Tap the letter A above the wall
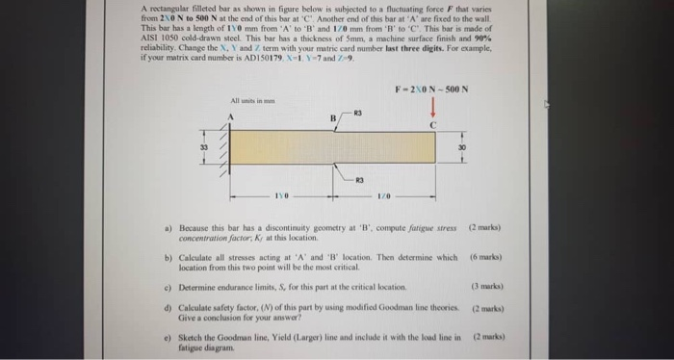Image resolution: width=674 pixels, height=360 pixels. click(232, 117)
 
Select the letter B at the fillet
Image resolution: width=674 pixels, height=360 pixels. click(333, 119)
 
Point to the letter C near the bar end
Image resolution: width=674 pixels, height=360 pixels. click(433, 125)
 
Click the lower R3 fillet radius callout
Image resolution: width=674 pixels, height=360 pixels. click(359, 179)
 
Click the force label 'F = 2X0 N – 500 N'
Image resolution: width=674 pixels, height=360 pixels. click(432, 90)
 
